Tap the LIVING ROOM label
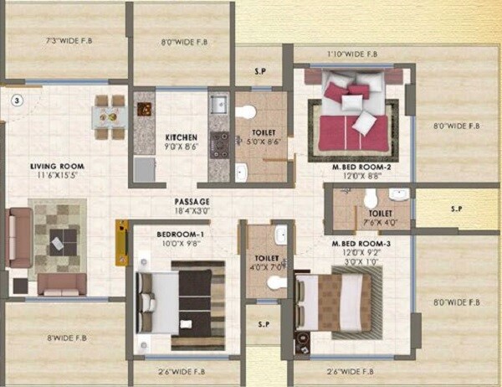pyautogui.click(x=58, y=167)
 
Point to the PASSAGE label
pyautogui.click(x=192, y=202)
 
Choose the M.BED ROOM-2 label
pyautogui.click(x=356, y=167)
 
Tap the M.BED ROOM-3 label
pyautogui.click(x=356, y=243)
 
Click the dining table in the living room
pyautogui.click(x=107, y=116)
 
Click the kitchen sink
pyautogui.click(x=218, y=106)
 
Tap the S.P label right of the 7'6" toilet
pyautogui.click(x=456, y=208)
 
